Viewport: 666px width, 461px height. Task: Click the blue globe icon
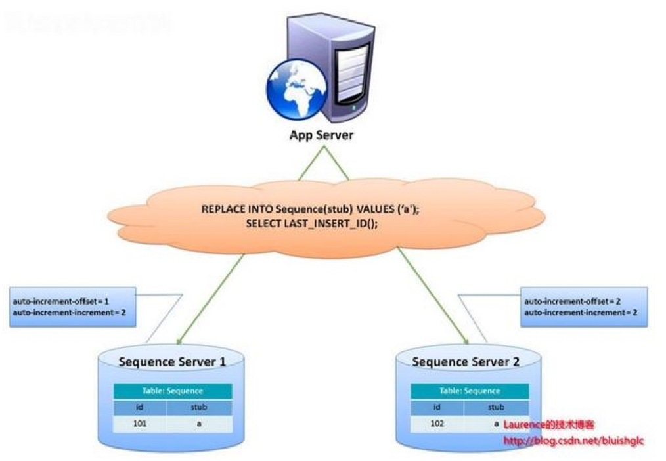(x=295, y=91)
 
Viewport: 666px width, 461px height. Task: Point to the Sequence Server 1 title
(x=172, y=362)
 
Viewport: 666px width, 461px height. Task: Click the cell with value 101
(x=139, y=424)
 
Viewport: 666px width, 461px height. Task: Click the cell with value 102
(x=437, y=424)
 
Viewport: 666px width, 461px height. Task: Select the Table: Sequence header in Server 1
(x=172, y=391)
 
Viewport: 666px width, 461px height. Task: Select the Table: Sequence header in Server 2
(x=469, y=391)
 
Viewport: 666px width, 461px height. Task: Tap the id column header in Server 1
(x=139, y=407)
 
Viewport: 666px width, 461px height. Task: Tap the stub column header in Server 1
(x=198, y=407)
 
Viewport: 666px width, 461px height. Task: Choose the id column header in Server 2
(x=437, y=407)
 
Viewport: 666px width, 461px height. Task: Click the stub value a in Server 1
(x=198, y=424)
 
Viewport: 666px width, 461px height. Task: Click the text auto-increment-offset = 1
(x=60, y=301)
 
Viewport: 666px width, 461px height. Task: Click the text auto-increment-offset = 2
(x=572, y=301)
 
